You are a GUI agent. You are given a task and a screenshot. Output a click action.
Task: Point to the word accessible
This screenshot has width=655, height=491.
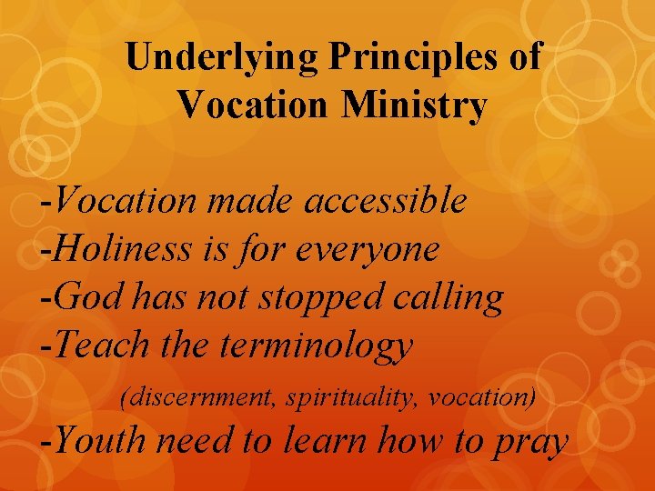point(386,200)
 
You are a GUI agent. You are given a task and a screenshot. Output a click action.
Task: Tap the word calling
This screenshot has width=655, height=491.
point(454,297)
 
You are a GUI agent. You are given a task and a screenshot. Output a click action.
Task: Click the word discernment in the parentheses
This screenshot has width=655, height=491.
point(202,397)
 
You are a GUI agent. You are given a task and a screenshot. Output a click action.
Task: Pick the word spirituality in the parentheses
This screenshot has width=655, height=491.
point(349,397)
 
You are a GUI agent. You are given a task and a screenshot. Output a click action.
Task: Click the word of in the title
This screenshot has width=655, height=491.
point(526,57)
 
